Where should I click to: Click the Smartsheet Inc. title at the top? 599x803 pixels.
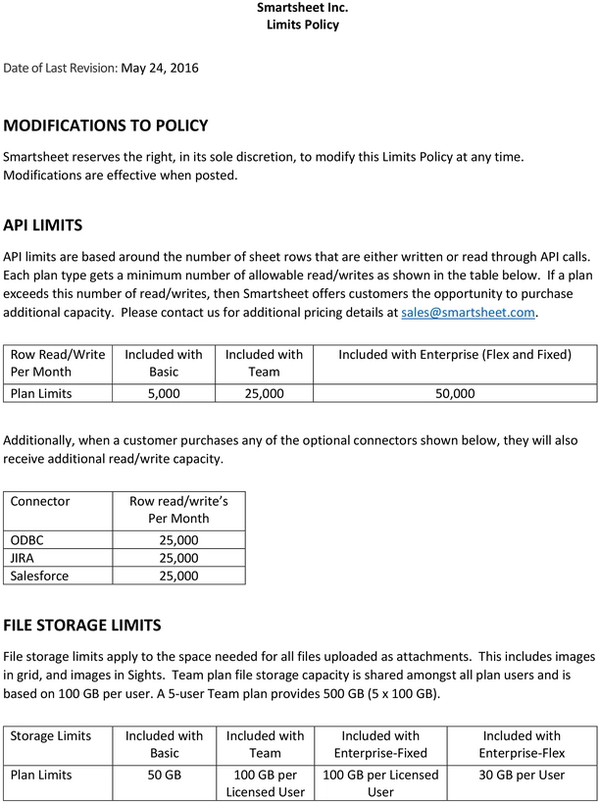click(302, 8)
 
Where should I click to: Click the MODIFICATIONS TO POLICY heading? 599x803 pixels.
click(106, 125)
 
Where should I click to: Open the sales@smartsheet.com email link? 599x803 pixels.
click(469, 312)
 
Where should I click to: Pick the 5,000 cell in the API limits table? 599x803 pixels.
click(164, 393)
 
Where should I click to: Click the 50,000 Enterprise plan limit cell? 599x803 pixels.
click(454, 393)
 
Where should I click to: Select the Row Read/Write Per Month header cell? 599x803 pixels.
click(57, 363)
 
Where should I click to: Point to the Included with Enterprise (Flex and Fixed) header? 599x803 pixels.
click(454, 354)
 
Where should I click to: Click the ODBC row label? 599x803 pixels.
click(26, 540)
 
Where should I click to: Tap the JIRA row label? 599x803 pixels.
click(23, 558)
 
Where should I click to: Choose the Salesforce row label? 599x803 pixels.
click(39, 576)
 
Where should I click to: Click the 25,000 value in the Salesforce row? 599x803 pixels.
click(178, 576)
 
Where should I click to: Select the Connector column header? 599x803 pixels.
click(40, 501)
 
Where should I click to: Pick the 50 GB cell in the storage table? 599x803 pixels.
click(164, 775)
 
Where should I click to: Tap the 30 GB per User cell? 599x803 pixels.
click(522, 775)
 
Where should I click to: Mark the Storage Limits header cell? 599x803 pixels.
click(51, 735)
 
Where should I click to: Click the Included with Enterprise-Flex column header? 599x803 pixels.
click(522, 744)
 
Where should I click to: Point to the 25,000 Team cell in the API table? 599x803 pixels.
click(265, 393)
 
